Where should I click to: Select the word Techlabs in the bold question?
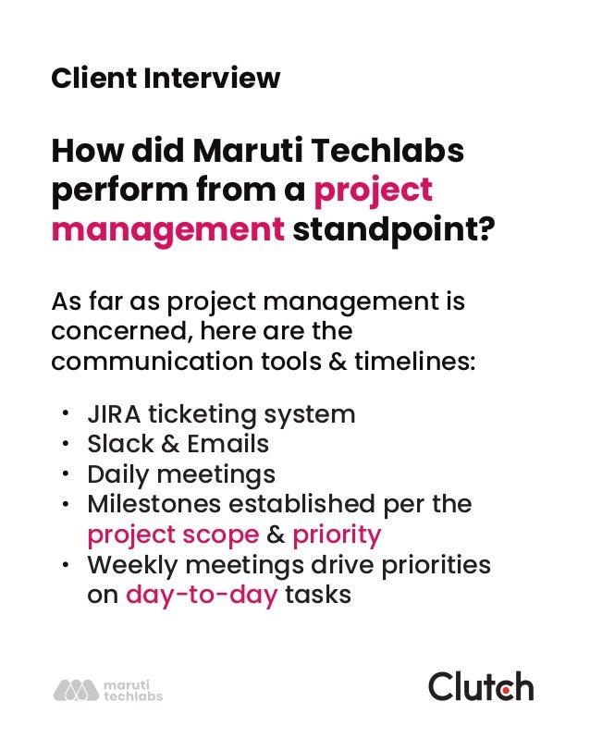click(388, 151)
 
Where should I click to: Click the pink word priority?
click(337, 535)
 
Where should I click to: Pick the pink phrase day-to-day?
click(201, 595)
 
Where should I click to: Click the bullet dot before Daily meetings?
click(66, 474)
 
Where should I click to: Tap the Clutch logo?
click(480, 687)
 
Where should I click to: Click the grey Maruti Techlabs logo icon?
click(75, 690)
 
